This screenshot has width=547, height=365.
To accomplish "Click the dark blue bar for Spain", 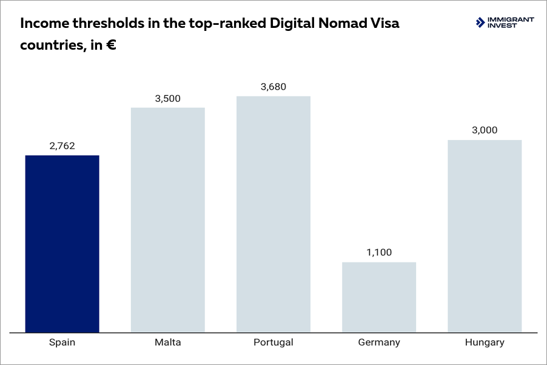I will click(x=62, y=244).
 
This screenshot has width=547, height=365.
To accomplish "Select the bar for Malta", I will click(x=168, y=219).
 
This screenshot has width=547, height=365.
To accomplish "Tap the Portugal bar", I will click(x=273, y=214).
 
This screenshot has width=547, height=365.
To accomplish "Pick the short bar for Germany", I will click(x=379, y=297).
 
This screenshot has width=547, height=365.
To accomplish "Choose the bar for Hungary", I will click(x=485, y=236).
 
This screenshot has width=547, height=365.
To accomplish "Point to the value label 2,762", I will click(x=62, y=146).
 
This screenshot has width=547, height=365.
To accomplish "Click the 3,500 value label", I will click(x=168, y=98).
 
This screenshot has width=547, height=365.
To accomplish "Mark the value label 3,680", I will click(x=273, y=87).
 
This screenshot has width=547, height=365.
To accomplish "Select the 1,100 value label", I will click(x=379, y=252).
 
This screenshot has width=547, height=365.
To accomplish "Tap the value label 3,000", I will click(x=485, y=130).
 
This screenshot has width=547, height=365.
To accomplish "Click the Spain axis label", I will click(x=62, y=343).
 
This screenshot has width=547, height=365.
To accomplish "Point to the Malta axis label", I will click(x=168, y=343).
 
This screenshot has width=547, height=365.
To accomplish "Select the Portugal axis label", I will click(x=273, y=343).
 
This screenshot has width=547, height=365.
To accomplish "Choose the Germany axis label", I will click(x=379, y=343).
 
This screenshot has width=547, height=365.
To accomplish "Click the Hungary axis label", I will click(x=485, y=343).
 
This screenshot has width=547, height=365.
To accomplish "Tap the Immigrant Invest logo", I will click(x=505, y=22).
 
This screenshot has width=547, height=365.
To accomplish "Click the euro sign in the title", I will click(x=111, y=45).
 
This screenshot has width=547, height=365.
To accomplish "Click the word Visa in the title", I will click(x=386, y=24).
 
